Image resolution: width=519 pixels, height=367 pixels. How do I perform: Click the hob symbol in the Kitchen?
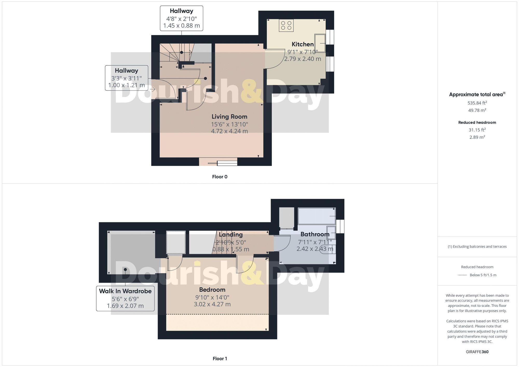(286, 25)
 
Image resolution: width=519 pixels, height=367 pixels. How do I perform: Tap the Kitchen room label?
(303, 44)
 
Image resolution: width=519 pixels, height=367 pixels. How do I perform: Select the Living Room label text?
(229, 117)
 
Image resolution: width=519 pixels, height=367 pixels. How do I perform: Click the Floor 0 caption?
(220, 177)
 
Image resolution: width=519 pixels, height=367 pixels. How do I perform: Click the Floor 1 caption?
(220, 359)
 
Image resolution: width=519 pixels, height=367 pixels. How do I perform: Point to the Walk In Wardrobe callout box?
(125, 298)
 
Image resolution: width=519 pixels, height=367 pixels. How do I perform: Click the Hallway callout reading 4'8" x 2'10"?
(181, 18)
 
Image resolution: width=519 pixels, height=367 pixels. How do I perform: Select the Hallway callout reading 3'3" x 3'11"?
(126, 78)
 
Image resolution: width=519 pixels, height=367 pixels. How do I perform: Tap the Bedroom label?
(212, 290)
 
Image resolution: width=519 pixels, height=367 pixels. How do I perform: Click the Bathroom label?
(315, 234)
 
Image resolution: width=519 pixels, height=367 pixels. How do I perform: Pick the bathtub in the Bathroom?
(317, 216)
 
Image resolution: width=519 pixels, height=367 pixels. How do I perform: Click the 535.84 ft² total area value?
(477, 103)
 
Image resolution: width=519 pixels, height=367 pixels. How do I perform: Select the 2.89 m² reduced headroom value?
(477, 137)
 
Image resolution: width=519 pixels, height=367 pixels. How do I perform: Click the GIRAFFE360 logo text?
(477, 352)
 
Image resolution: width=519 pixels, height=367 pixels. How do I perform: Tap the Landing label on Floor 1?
(230, 235)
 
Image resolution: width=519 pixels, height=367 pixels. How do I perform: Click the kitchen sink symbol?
(320, 43)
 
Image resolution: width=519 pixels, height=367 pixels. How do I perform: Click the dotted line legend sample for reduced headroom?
(462, 275)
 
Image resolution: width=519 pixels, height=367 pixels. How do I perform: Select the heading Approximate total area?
(477, 95)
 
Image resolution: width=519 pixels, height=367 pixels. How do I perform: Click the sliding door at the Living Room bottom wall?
(223, 163)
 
